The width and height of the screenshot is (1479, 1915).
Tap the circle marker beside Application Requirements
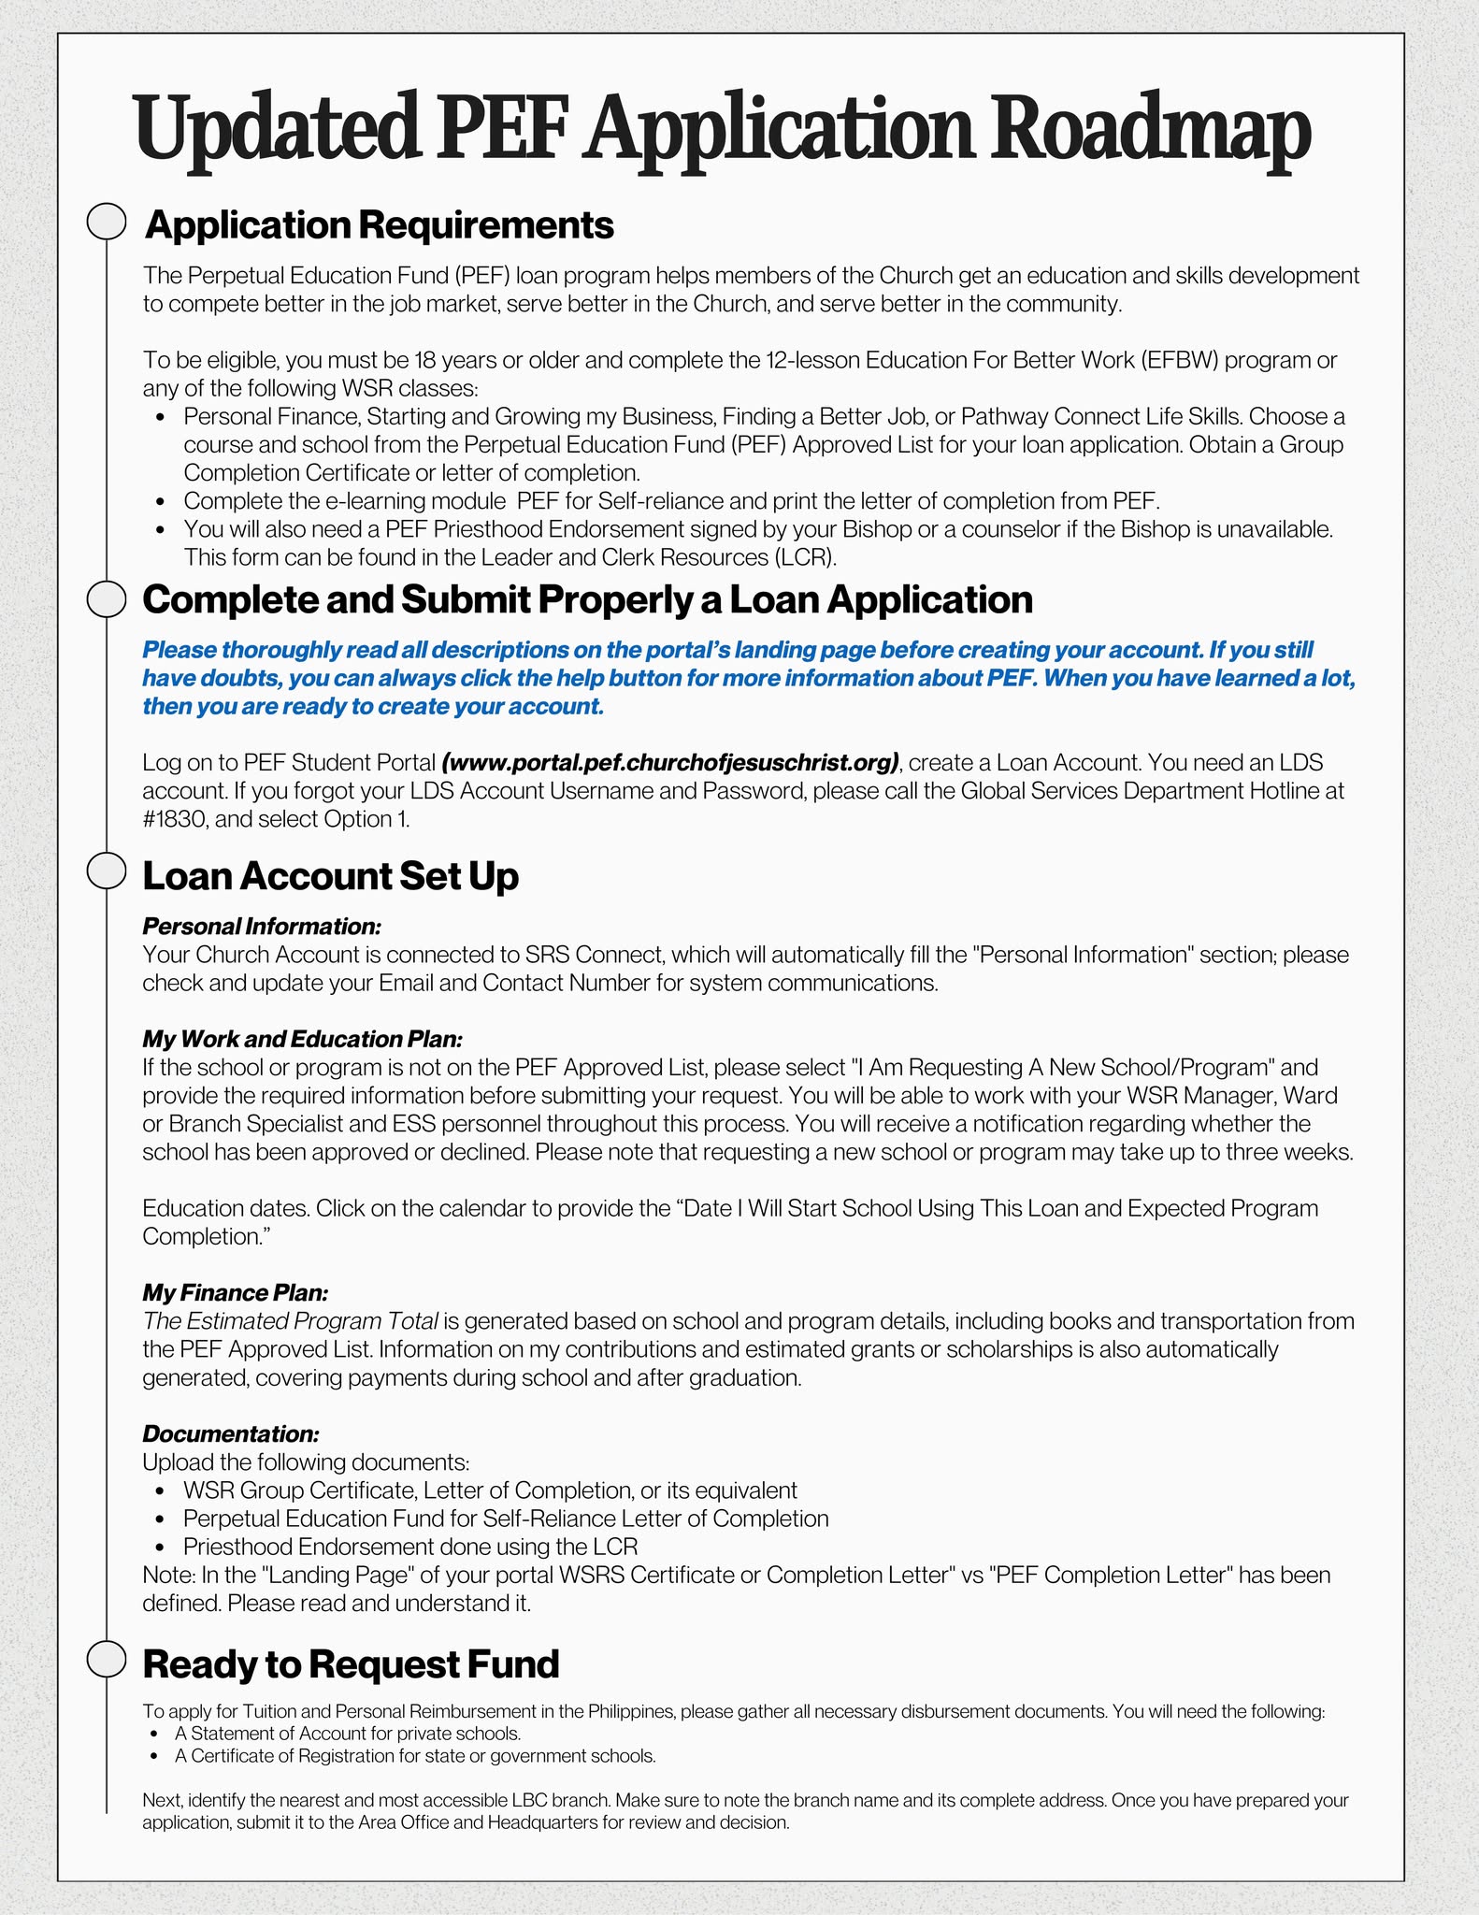pyautogui.click(x=107, y=223)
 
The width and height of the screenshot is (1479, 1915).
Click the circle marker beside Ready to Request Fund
pyautogui.click(x=107, y=1659)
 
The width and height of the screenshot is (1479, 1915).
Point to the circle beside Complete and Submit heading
pyautogui.click(x=107, y=599)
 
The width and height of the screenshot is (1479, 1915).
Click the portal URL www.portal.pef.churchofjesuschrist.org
pyautogui.click(x=670, y=763)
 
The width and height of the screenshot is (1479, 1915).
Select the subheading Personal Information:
pyautogui.click(x=262, y=927)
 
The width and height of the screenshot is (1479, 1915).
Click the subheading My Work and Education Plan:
pyautogui.click(x=302, y=1039)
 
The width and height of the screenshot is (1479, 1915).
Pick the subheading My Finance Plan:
pyautogui.click(x=235, y=1293)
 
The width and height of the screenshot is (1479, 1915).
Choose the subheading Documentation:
pyautogui.click(x=230, y=1433)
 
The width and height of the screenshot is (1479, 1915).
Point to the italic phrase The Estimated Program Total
pyautogui.click(x=290, y=1321)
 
